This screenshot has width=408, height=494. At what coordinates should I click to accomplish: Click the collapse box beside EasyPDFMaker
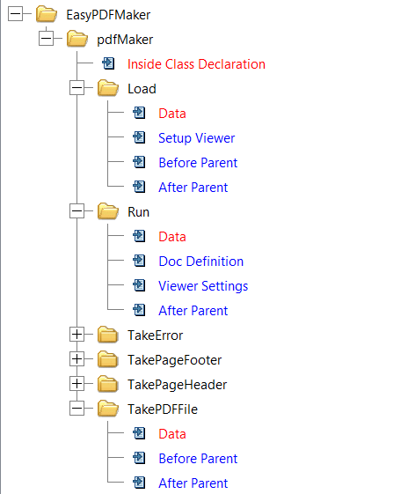15,14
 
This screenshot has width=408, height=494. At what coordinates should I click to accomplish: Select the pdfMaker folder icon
77,39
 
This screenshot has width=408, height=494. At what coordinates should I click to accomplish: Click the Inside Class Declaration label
196,64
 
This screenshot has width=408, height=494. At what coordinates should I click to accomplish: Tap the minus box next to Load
76,88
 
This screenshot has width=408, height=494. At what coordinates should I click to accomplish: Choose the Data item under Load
172,114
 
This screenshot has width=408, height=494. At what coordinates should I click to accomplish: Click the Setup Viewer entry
197,138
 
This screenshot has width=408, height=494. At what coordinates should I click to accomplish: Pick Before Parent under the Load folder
198,163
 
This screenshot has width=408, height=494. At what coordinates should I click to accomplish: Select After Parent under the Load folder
193,188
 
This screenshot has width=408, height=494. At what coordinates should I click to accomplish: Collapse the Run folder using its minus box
76,211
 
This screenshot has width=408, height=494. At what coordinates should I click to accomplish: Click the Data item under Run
172,237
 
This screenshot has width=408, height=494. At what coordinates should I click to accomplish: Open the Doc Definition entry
201,262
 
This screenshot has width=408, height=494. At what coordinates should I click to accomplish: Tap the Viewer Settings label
203,286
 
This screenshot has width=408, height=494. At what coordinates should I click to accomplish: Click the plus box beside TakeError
76,335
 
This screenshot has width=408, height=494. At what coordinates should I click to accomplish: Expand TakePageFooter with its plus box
76,359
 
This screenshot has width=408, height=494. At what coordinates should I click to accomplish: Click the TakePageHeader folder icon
108,384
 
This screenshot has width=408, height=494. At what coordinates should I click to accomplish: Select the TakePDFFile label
163,409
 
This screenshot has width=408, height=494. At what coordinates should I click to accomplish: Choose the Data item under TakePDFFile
172,434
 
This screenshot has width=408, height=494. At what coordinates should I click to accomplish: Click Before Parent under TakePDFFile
198,459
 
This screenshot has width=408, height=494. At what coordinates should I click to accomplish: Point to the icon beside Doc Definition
139,261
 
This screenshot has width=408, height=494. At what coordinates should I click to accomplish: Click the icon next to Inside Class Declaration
108,63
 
